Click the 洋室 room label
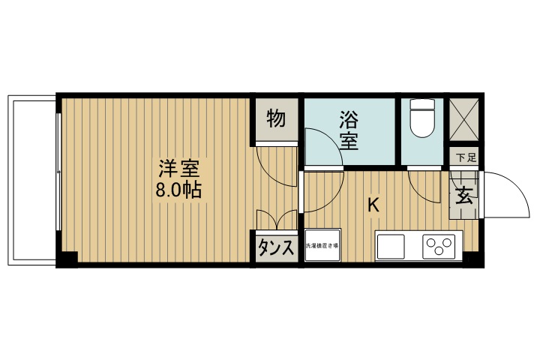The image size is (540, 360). coord(178,167)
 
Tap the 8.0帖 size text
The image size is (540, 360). coord(178,189)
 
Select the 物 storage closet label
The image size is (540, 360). coord(275,118)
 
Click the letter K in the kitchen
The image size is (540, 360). coord(373,204)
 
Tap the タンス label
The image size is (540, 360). coord(275,248)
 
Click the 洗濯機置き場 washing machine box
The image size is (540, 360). coord(322,246)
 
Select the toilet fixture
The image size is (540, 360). coord(424,118)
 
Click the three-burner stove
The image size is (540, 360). coord(439,246)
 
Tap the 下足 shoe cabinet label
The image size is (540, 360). coord(466,157)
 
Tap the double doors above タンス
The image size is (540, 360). coord(277,219)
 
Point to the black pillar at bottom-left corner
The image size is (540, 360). coord(68,260)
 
